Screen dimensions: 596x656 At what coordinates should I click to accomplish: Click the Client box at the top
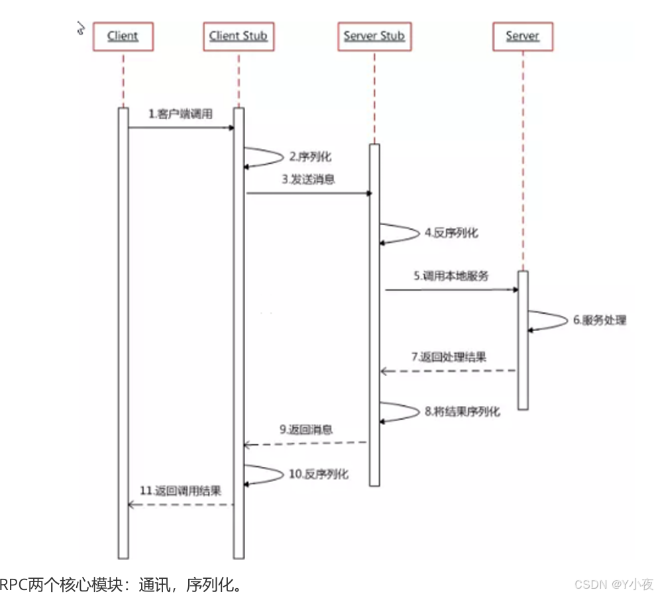[123, 36]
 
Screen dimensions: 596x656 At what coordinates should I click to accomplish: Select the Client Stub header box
[238, 36]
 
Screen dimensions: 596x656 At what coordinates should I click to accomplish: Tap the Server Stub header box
[374, 36]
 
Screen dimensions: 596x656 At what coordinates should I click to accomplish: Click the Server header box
[522, 36]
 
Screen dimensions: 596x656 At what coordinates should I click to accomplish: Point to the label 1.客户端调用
[180, 114]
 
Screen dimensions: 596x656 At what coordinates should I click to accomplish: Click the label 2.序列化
[309, 157]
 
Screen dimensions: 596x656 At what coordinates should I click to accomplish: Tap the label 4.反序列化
[451, 232]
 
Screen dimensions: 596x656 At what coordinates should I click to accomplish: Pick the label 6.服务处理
[599, 320]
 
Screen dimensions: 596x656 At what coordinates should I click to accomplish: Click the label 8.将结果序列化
[462, 411]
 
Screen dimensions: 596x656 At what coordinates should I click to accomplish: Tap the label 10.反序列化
[318, 474]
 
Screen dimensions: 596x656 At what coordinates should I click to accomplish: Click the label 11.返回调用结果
[180, 491]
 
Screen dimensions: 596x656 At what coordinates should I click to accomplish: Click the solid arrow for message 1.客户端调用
[181, 127]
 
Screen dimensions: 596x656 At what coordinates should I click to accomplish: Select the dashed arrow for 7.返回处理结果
[448, 371]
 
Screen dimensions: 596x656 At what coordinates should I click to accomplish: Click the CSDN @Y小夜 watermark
[613, 584]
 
